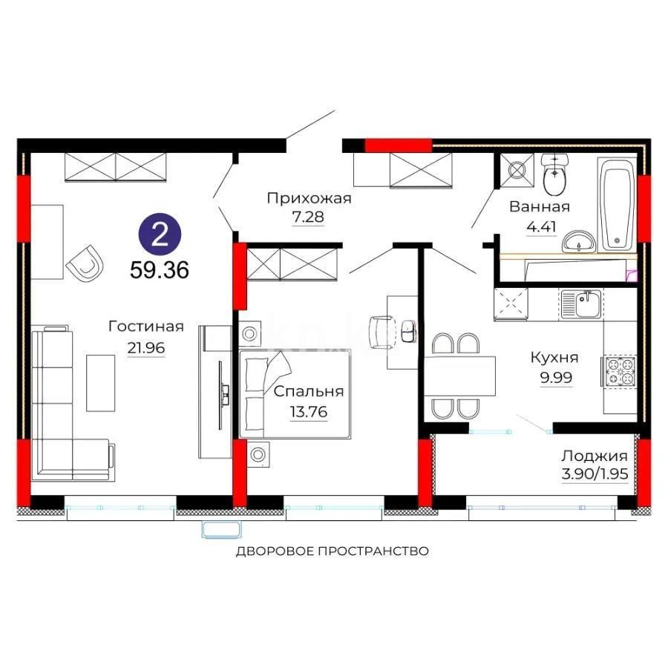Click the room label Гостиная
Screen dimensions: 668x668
[x=145, y=327]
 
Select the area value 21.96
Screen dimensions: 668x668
[x=145, y=347]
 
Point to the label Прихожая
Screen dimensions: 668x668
[x=309, y=198]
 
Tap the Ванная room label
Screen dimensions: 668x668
[x=540, y=207]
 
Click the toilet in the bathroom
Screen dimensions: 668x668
[x=554, y=175]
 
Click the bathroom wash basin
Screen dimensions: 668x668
[x=579, y=241]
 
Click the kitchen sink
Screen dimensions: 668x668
[x=582, y=304]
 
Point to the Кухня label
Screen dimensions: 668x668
[x=554, y=357]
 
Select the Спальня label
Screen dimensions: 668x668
[x=309, y=391]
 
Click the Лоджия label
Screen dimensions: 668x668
[x=594, y=456]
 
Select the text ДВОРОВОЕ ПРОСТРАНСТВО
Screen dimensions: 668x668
[x=333, y=551]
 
